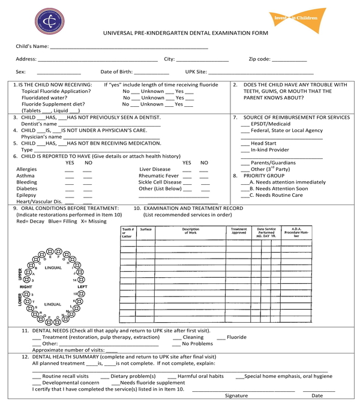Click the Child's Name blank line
pyautogui.click(x=129, y=47)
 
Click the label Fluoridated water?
pyautogui.click(x=44, y=97)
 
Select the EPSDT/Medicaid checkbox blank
pyautogui.click(x=245, y=124)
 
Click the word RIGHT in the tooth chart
pyautogui.click(x=26, y=287)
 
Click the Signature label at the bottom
pyautogui.click(x=236, y=396)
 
